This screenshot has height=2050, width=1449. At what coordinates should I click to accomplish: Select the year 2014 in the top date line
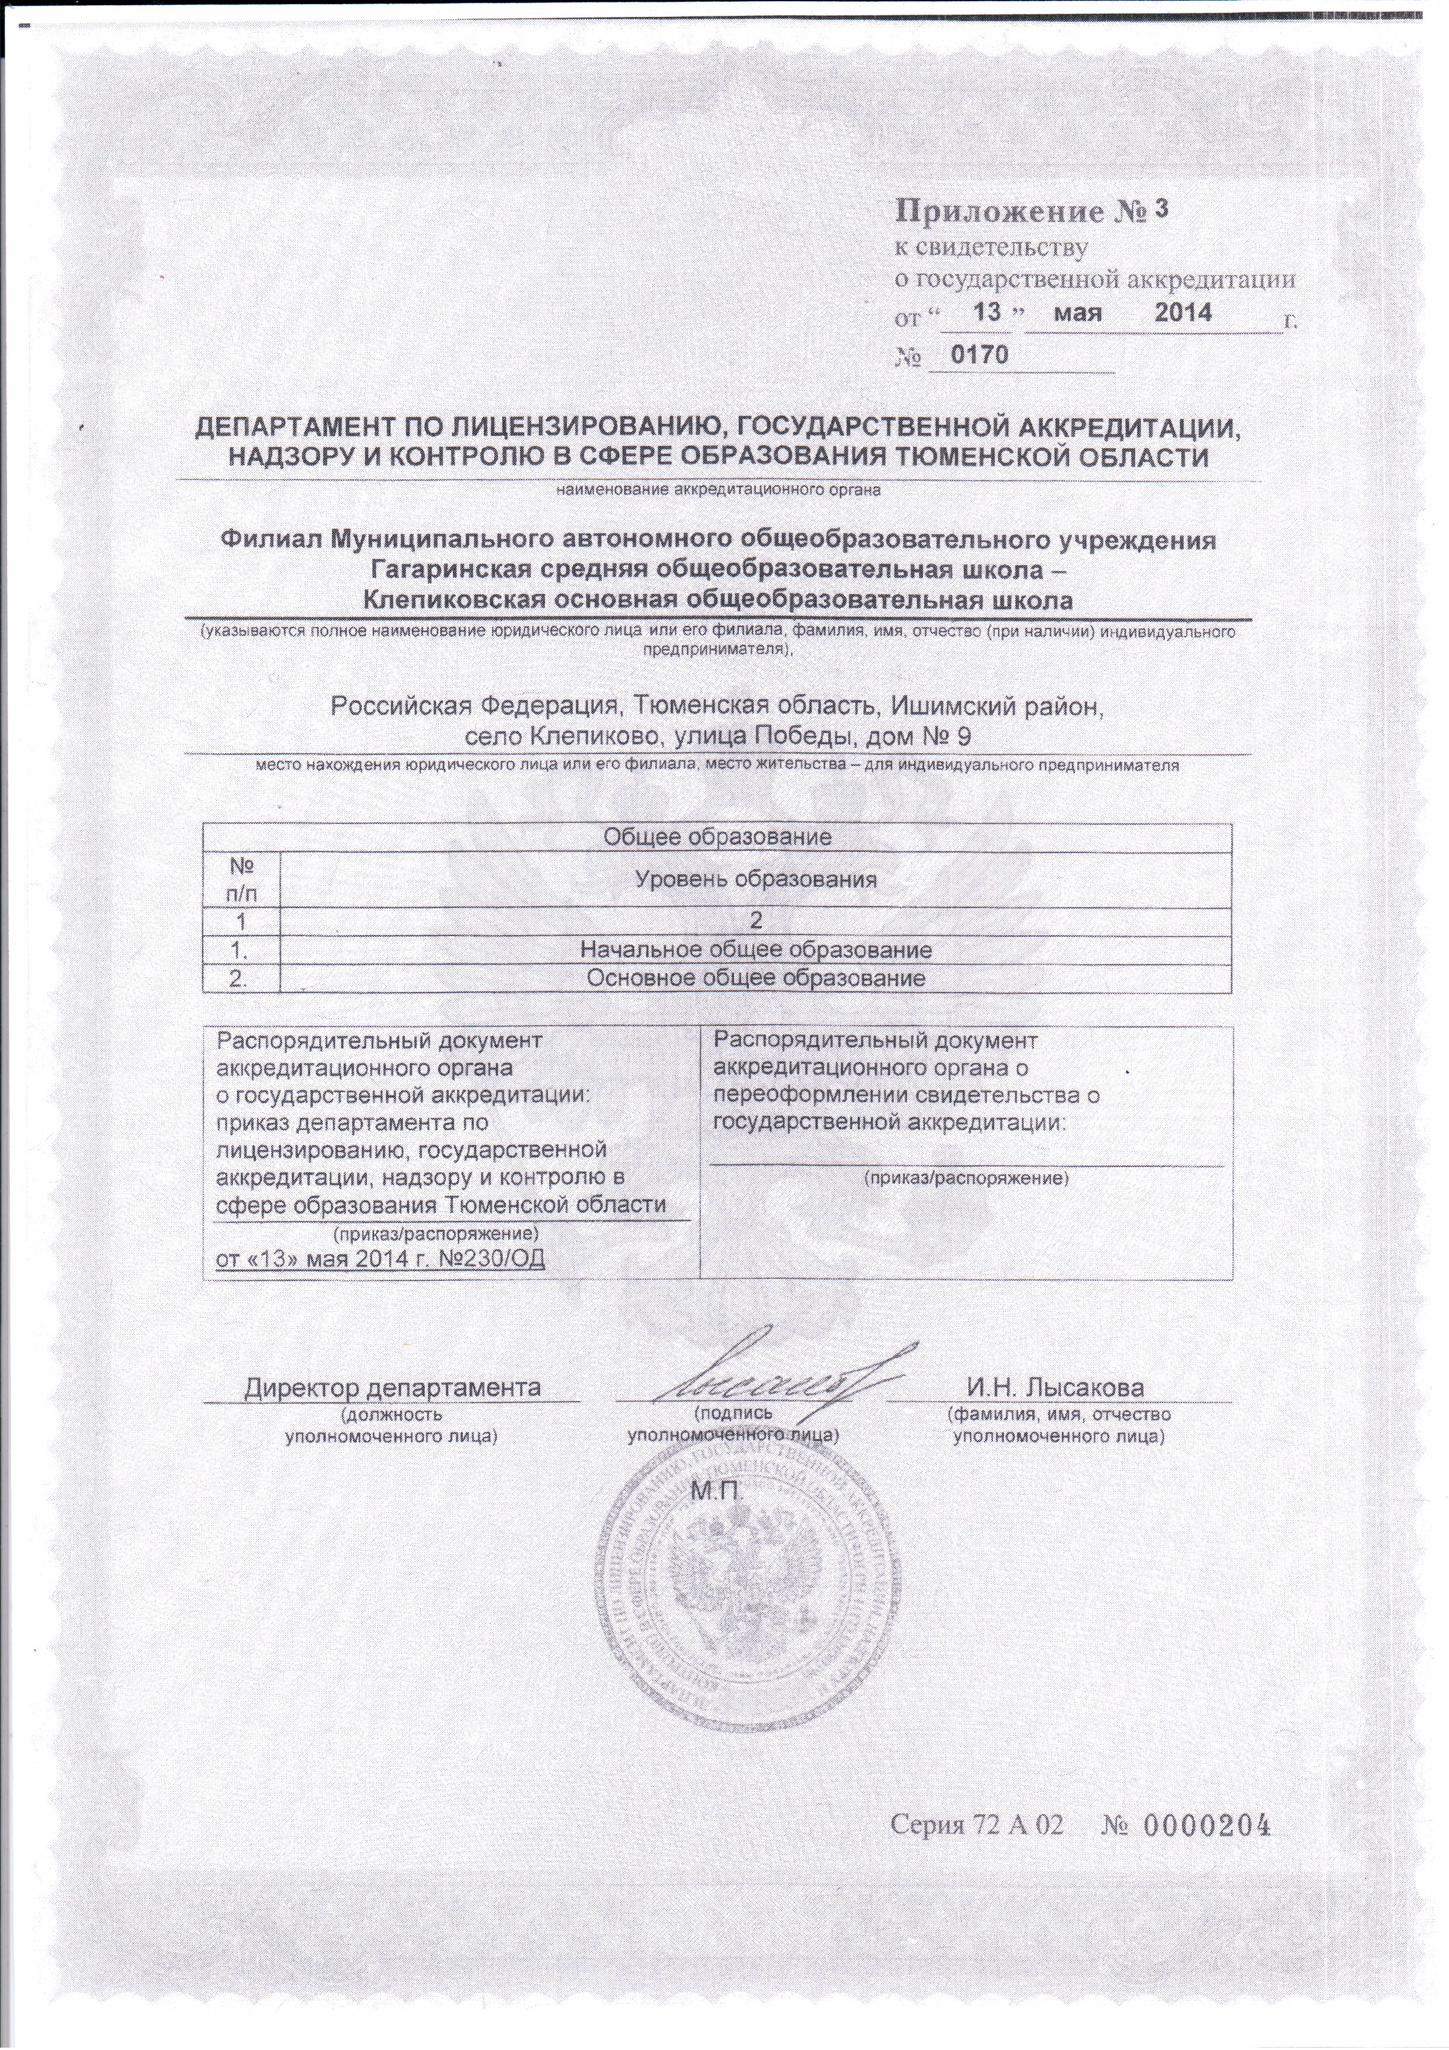[x=1183, y=313]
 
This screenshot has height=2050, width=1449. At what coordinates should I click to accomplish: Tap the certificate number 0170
[x=979, y=355]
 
